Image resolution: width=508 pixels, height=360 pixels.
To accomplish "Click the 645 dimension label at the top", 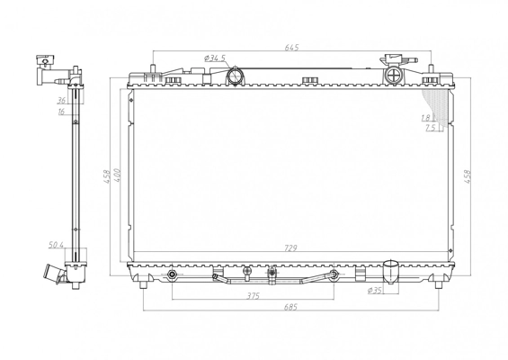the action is pos(291,48).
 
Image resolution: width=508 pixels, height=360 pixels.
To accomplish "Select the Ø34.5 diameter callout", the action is pos(215,58).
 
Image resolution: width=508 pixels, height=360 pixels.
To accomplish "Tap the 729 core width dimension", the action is pos(290,248).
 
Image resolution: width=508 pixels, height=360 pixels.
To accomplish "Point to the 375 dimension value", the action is pos(253,296).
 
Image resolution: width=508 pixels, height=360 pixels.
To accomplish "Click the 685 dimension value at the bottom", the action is pos(290,307).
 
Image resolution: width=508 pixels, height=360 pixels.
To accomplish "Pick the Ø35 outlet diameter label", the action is pos(375,291).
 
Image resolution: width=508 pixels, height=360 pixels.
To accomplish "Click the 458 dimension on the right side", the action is pos(467,176).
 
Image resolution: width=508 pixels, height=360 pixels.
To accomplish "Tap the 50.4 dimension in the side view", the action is pos(56,245).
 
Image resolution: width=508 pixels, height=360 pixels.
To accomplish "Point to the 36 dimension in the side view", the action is pos(61,101).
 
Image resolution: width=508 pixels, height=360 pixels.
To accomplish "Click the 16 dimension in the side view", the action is pos(61,112).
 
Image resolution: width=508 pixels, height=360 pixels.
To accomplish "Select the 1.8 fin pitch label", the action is pos(426,118).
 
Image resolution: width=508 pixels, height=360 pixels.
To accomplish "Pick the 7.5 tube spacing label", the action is pos(430,128).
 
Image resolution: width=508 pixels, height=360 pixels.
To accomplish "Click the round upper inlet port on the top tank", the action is pos(235,76).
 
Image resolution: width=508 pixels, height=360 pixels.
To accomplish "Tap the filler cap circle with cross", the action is pos(394,76).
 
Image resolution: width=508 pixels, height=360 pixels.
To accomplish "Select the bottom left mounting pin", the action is pos(144,285).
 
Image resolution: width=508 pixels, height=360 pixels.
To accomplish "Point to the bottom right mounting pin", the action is pos(439,285).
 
